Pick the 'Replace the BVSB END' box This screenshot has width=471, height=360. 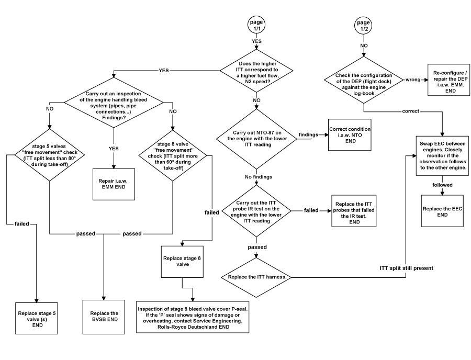pyautogui.click(x=104, y=317)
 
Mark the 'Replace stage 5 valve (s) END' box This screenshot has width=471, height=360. pyautogui.click(x=37, y=318)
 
